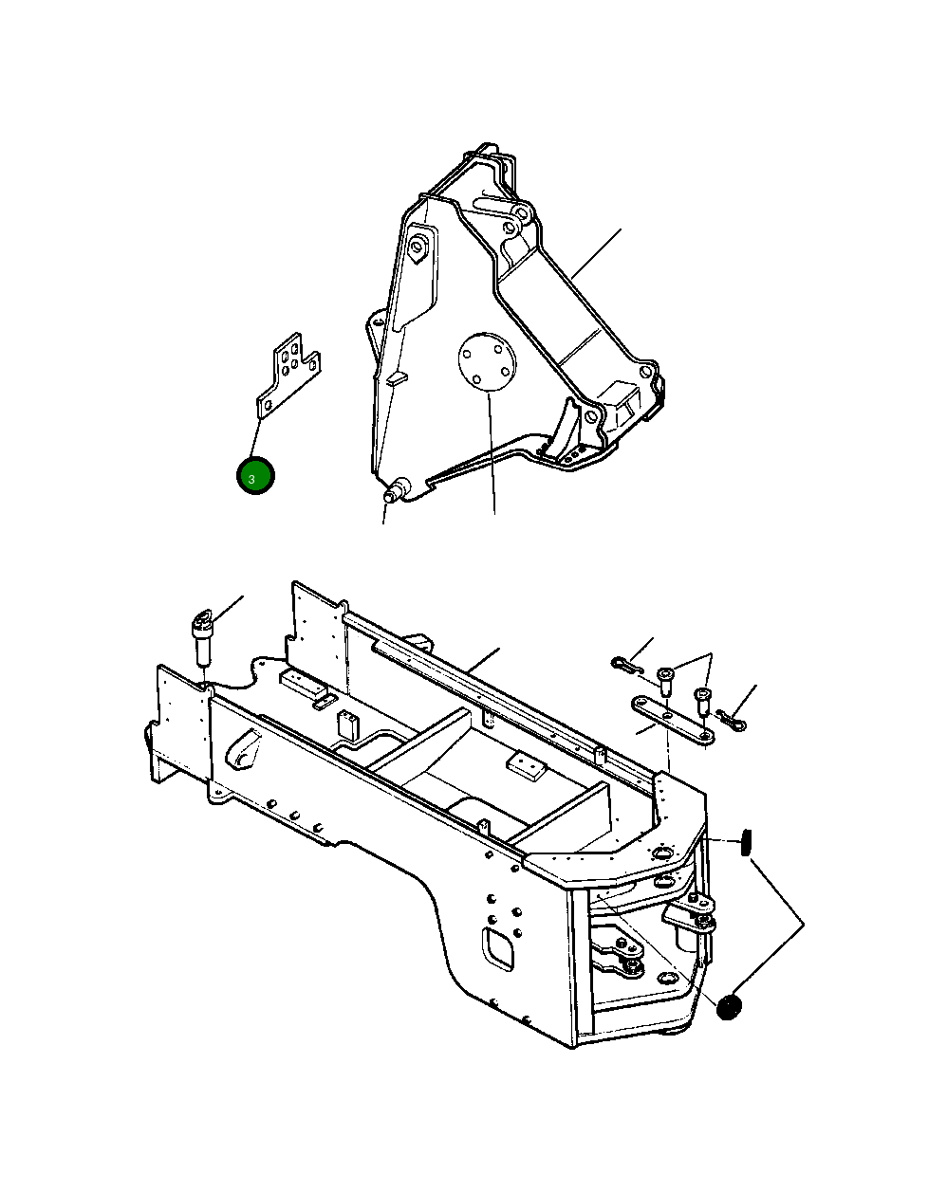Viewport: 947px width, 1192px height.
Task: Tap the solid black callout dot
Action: click(x=729, y=1007)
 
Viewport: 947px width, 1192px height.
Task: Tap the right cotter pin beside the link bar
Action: click(x=733, y=721)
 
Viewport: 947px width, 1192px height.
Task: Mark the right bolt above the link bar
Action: click(x=703, y=703)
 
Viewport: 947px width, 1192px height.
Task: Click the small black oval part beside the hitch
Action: click(x=746, y=841)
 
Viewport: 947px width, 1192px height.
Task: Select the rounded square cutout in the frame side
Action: click(x=499, y=948)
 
